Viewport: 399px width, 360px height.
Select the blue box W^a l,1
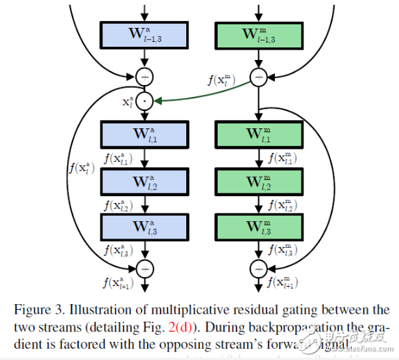pyautogui.click(x=144, y=135)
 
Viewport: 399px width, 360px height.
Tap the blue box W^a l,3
pyautogui.click(x=144, y=227)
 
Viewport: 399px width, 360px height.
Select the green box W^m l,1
pyautogui.click(x=259, y=135)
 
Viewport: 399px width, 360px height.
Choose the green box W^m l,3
pyautogui.click(x=259, y=227)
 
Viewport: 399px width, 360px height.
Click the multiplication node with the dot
pyautogui.click(x=144, y=100)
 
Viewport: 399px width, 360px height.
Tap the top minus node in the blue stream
pyautogui.click(x=144, y=76)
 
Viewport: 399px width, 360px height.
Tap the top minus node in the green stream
pyautogui.click(x=259, y=76)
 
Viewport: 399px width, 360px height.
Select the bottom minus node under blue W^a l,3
pyautogui.click(x=144, y=267)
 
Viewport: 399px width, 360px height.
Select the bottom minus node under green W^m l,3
pyautogui.click(x=259, y=267)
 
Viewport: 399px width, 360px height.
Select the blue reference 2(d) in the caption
pyautogui.click(x=199, y=325)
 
